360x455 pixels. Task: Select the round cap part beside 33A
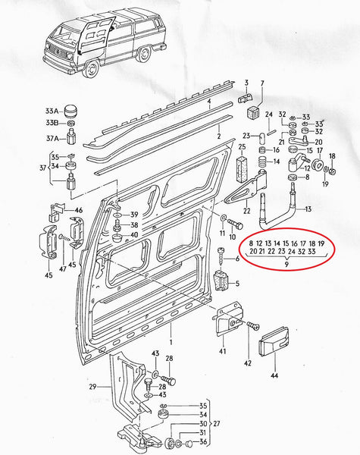pyautogui.click(x=73, y=108)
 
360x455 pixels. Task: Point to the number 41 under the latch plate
pyautogui.click(x=224, y=352)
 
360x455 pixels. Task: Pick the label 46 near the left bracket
pyautogui.click(x=78, y=210)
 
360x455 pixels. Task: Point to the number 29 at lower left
pyautogui.click(x=92, y=387)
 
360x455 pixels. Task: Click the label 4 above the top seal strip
pyautogui.click(x=208, y=100)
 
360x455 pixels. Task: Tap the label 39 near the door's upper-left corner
pyautogui.click(x=134, y=215)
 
